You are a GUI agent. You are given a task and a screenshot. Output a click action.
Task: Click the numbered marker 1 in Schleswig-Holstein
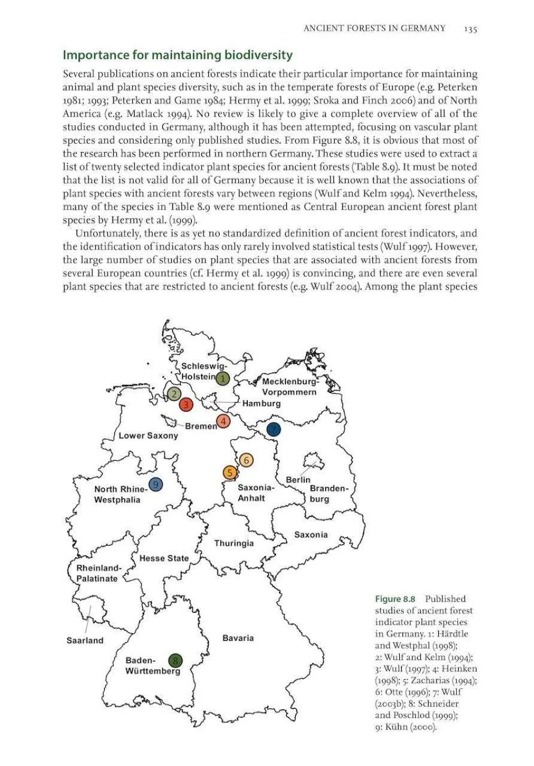[x=223, y=378]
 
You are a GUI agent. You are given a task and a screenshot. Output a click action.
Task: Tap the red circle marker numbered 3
[x=187, y=405]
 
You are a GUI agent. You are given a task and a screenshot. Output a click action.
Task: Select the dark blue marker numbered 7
[x=274, y=429]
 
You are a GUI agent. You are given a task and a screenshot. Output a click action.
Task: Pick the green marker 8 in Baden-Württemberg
[x=175, y=661]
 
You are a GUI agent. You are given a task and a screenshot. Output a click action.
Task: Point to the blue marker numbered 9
[x=156, y=484]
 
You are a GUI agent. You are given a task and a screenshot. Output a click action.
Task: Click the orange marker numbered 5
[x=230, y=473]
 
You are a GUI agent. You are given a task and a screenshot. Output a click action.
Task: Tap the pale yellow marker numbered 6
[x=246, y=460]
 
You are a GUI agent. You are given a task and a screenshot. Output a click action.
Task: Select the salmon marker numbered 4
[x=223, y=421]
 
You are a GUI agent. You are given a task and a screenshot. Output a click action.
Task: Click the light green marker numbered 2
[x=174, y=394]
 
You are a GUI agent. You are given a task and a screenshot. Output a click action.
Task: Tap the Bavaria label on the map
[x=238, y=638]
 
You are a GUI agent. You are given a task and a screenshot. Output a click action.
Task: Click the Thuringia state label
[x=234, y=543]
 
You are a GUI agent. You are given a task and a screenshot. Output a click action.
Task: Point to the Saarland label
[x=85, y=640]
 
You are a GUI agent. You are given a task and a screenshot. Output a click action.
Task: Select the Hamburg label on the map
[x=262, y=403]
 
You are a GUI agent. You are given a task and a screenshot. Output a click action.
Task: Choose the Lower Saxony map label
[x=148, y=436]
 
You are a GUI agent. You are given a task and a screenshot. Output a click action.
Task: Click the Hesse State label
[x=164, y=558]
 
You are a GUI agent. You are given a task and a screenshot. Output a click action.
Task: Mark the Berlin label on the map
[x=298, y=480]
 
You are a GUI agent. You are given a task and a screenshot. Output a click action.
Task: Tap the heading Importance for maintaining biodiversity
[x=178, y=56]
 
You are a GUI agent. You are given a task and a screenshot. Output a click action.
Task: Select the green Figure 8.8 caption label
[x=395, y=599]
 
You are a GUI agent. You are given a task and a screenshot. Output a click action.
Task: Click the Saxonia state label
[x=311, y=534]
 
